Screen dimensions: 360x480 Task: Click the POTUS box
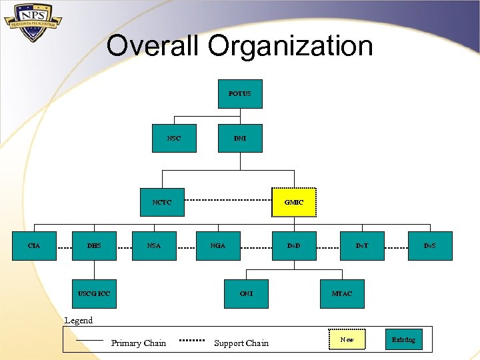click(240, 94)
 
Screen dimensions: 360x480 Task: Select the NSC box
click(174, 138)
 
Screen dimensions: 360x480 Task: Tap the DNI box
click(240, 138)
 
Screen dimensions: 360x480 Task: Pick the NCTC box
click(162, 202)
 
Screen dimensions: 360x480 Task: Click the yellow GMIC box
click(294, 202)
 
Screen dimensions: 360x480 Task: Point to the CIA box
click(34, 245)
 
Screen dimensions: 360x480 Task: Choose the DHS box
click(95, 245)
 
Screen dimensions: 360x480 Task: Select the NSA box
click(154, 245)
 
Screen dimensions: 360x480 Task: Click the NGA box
click(218, 245)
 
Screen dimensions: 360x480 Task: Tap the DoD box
click(294, 245)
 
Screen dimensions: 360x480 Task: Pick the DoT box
click(362, 245)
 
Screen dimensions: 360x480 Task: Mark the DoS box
click(430, 245)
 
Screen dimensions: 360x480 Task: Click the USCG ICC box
click(95, 293)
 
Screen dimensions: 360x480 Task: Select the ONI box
click(246, 293)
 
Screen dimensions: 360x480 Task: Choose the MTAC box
click(342, 293)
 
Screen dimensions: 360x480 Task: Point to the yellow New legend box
click(347, 340)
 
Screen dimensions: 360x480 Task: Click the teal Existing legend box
click(403, 340)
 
